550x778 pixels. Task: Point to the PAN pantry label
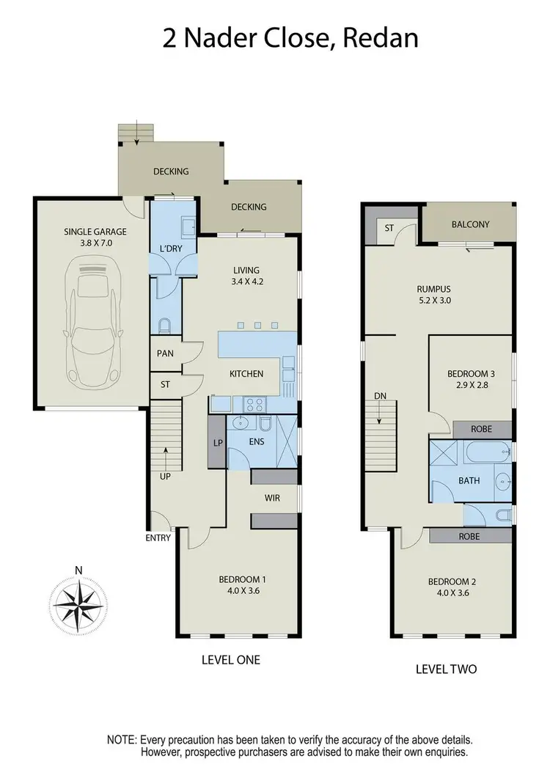164,353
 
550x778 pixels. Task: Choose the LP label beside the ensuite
218,443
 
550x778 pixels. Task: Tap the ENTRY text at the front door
158,537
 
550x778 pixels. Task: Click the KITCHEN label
246,374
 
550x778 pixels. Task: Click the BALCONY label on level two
470,224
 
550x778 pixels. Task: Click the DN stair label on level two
380,396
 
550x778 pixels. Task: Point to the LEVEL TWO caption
446,668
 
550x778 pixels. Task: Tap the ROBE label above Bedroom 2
469,536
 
